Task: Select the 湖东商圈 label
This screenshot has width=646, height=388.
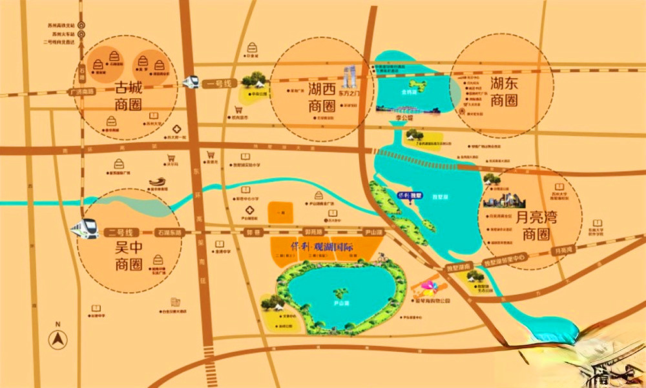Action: click(x=503, y=92)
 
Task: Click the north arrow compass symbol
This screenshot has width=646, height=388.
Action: click(x=58, y=338)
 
